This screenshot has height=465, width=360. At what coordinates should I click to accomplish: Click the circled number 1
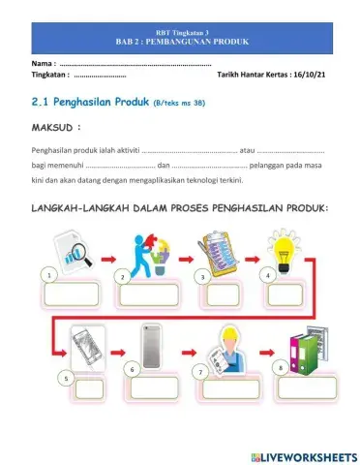[46, 276]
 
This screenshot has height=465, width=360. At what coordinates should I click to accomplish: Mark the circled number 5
[65, 377]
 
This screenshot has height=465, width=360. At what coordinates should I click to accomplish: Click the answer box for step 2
[149, 294]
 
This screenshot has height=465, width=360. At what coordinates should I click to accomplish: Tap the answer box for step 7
[232, 389]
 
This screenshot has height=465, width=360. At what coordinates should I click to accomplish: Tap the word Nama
[43, 63]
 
